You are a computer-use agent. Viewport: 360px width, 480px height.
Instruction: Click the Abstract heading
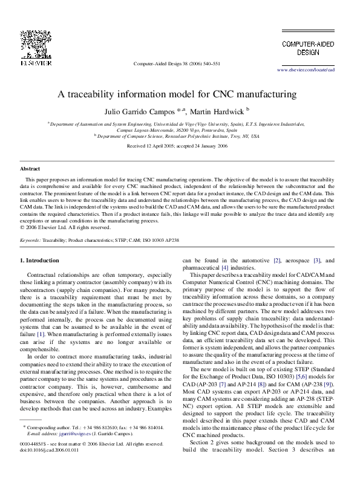point(30,169)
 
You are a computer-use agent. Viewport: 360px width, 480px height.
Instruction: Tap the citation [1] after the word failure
point(41,334)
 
